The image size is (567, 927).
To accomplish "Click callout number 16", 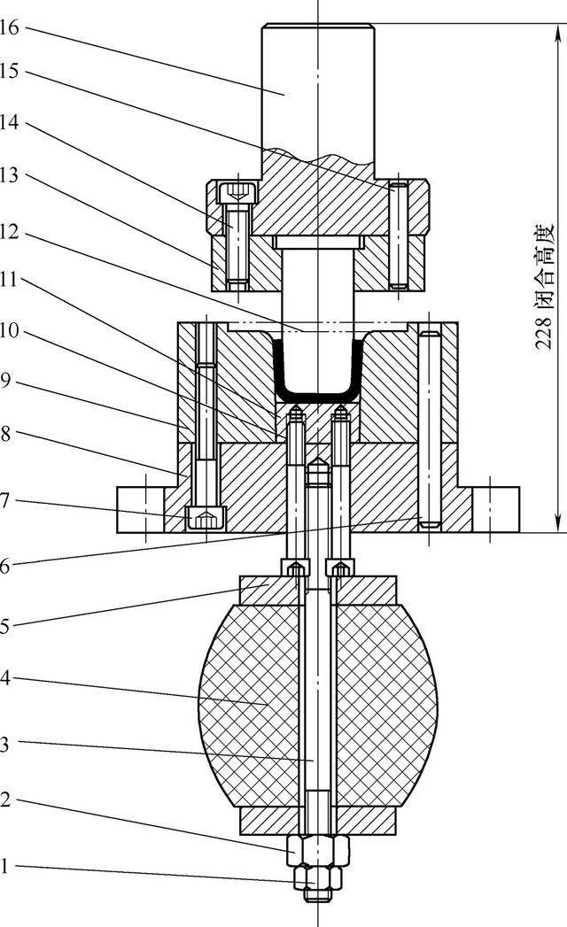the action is pyautogui.click(x=10, y=27).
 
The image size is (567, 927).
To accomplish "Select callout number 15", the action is pyautogui.click(x=10, y=72).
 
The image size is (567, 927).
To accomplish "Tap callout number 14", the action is pyautogui.click(x=10, y=123).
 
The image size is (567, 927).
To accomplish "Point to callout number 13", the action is pyautogui.click(x=10, y=175).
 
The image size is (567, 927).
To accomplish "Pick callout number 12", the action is pyautogui.click(x=10, y=232).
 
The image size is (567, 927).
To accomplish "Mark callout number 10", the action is pyautogui.click(x=10, y=331).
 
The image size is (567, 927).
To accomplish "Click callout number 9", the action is pyautogui.click(x=5, y=380).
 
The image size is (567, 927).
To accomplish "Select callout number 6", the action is pyautogui.click(x=5, y=566).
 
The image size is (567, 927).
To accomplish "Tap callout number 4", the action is pyautogui.click(x=5, y=678).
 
